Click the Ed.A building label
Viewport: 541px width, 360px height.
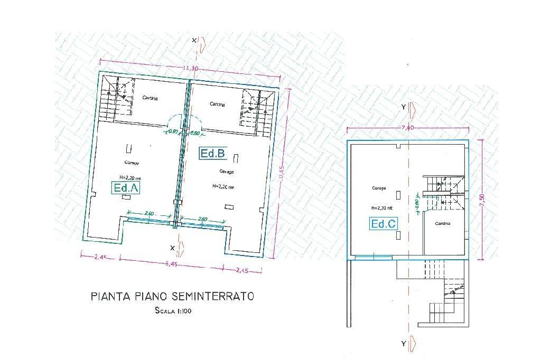pyautogui.click(x=126, y=187)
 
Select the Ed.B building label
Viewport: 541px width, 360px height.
pyautogui.click(x=213, y=154)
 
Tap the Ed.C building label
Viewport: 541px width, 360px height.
pyautogui.click(x=384, y=224)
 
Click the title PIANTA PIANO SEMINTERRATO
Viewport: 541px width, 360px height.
pyautogui.click(x=172, y=296)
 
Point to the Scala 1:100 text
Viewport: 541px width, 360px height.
pyautogui.click(x=173, y=311)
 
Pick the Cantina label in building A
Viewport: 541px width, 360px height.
pyautogui.click(x=151, y=98)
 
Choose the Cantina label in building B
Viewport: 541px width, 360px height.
pyautogui.click(x=217, y=105)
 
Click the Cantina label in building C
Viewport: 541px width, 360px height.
pyautogui.click(x=443, y=224)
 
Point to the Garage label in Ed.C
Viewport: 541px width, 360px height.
pyautogui.click(x=379, y=188)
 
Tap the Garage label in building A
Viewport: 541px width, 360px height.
pyautogui.click(x=132, y=162)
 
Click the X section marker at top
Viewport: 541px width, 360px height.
pyautogui.click(x=194, y=40)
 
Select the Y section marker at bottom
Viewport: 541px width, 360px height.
pyautogui.click(x=404, y=344)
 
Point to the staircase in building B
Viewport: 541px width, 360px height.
pyautogui.click(x=258, y=108)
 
